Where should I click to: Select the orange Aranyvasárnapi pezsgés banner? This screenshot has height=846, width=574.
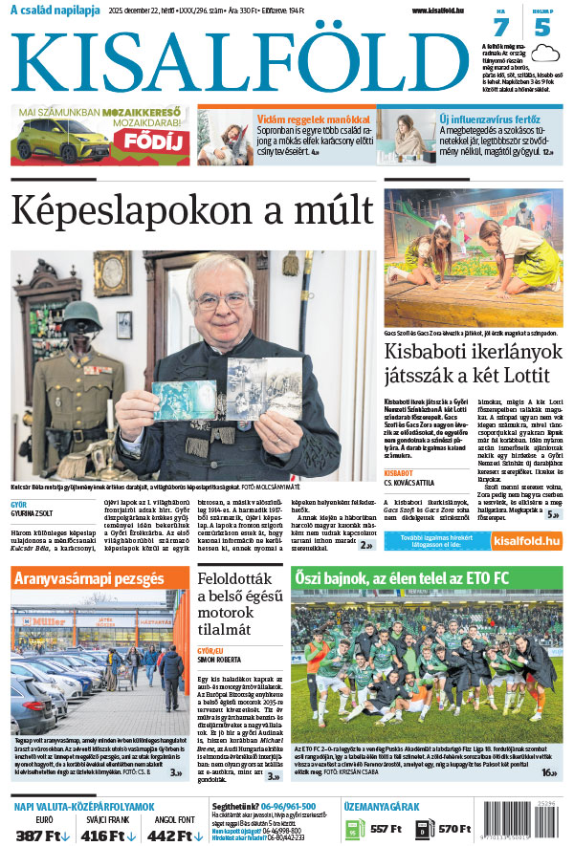coord(99,577)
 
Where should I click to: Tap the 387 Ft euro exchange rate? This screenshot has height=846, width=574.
coord(41,835)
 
